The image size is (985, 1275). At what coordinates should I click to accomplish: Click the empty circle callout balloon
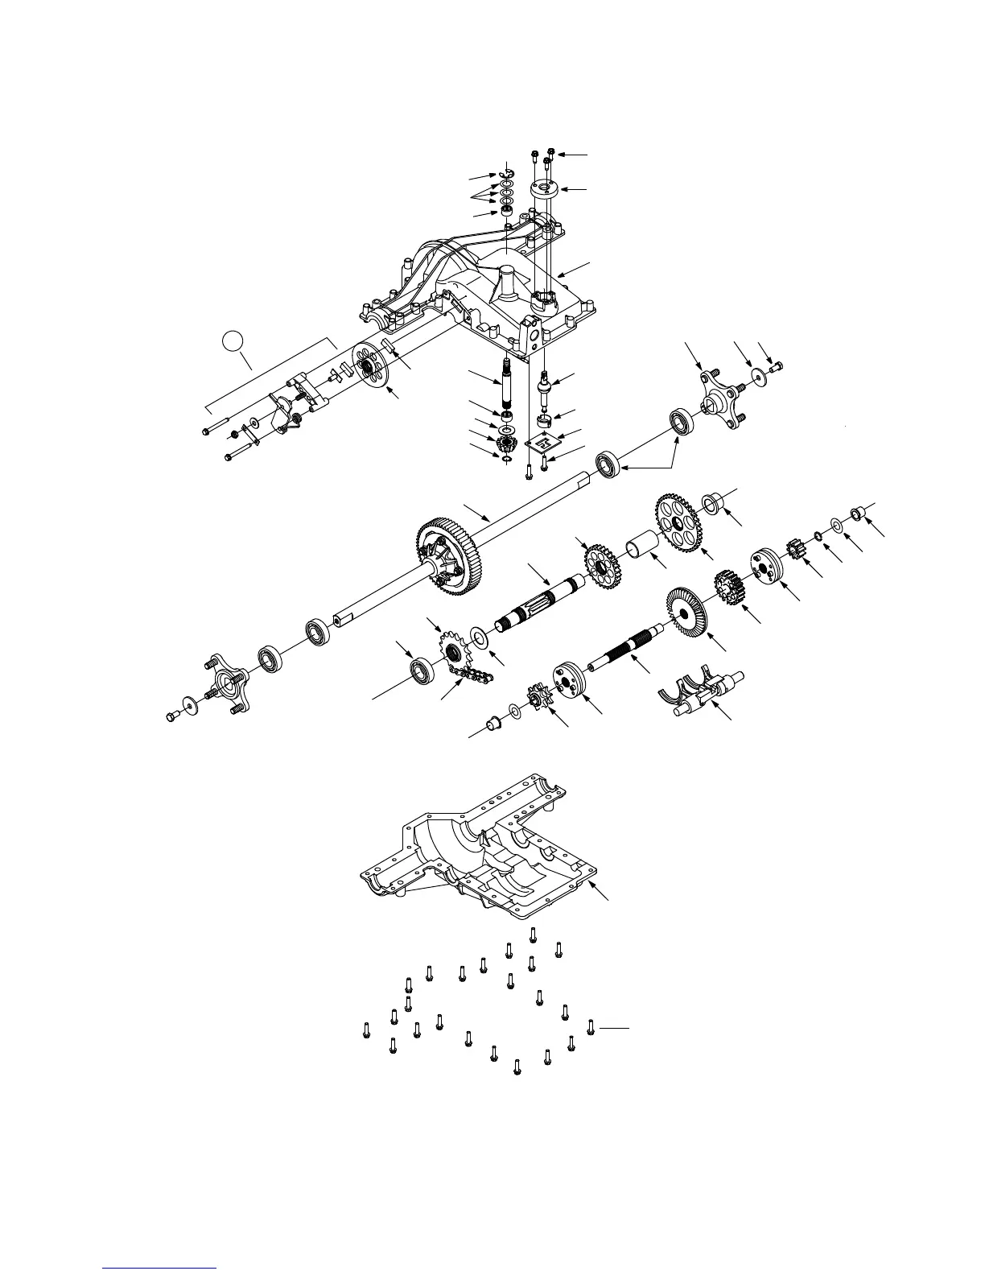click(x=232, y=341)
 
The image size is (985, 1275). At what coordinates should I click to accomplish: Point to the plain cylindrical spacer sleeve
click(x=643, y=554)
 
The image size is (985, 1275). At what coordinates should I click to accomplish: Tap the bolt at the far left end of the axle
click(x=173, y=716)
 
